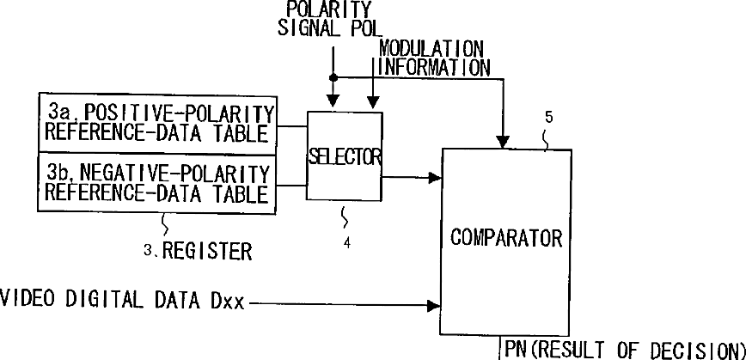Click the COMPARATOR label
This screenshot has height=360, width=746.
point(506,237)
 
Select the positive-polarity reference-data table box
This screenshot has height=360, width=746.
point(158,123)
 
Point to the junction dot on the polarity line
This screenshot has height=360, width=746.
point(333,77)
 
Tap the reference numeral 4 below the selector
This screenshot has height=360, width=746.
point(346,243)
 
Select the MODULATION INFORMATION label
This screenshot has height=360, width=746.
point(433,57)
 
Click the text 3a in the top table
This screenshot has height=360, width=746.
point(60,112)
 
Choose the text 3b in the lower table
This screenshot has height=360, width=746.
point(60,170)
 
